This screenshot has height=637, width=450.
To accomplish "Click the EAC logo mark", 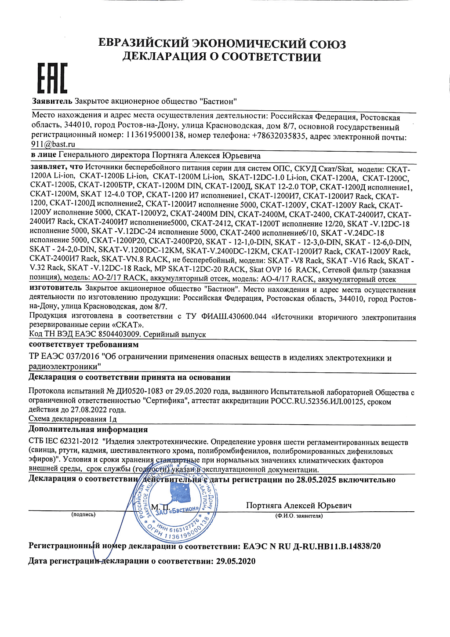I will click(51, 79).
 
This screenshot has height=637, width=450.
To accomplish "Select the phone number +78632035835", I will click(279, 136).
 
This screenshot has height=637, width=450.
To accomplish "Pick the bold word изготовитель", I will click(55, 288).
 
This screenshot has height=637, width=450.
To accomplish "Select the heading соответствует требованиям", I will click(83, 345).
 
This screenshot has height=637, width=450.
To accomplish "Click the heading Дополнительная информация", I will click(88, 430).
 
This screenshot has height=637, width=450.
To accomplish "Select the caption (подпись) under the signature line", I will click(83, 514).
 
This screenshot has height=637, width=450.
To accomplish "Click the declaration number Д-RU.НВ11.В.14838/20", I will click(336, 546).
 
